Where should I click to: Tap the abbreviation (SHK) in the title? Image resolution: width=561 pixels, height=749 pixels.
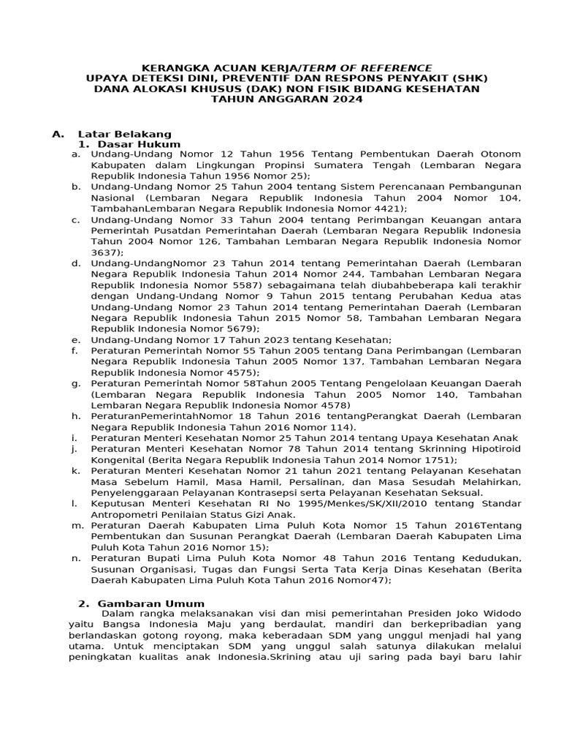(469, 78)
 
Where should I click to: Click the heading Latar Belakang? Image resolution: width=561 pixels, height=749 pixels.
(124, 134)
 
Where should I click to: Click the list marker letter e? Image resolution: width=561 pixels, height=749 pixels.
(75, 340)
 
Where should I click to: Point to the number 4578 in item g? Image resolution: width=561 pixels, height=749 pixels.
(332, 405)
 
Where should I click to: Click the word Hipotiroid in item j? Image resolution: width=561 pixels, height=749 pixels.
(495, 448)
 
